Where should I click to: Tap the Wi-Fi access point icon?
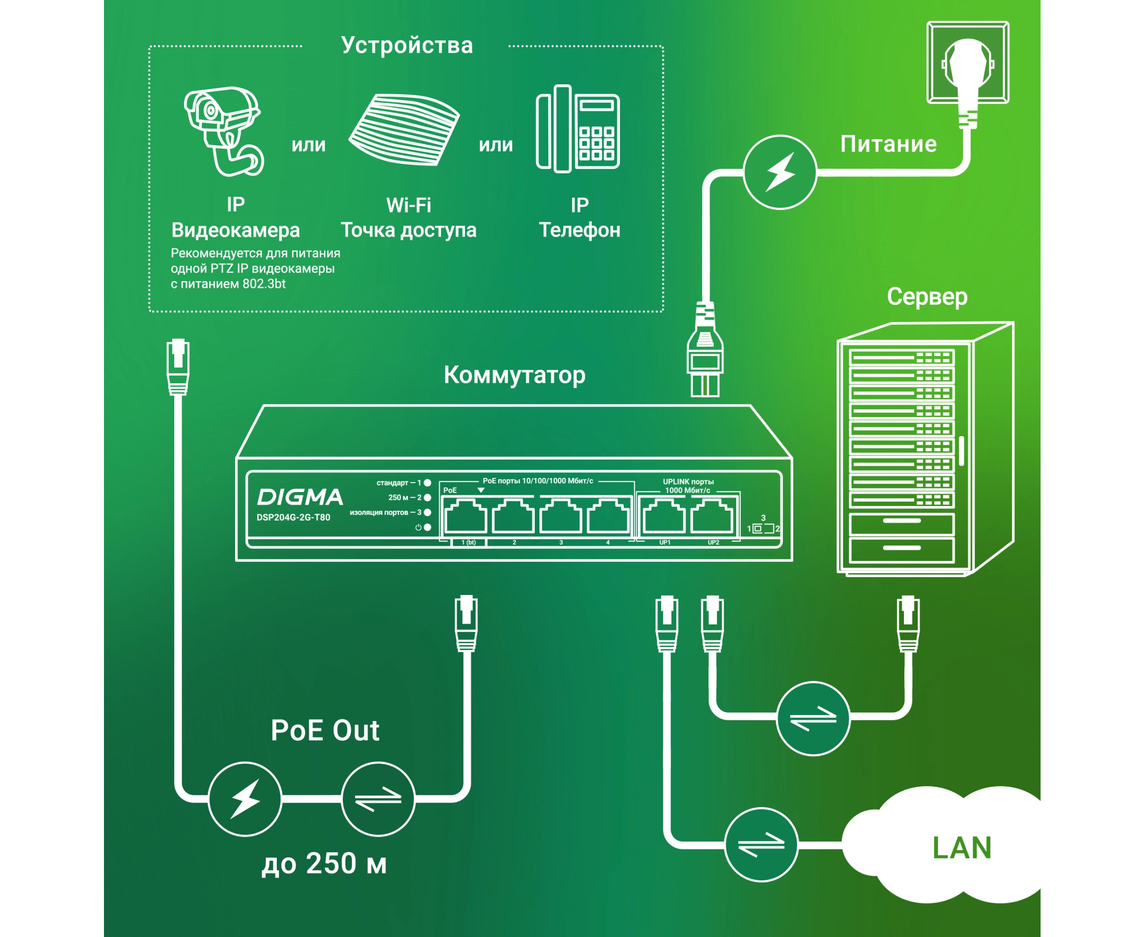tap(404, 129)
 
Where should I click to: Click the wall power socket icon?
tap(968, 63)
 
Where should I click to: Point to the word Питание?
tap(888, 144)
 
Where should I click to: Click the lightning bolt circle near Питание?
tap(780, 172)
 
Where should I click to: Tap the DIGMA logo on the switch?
tap(300, 497)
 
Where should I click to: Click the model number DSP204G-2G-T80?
tap(293, 517)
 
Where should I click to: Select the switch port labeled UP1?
tap(664, 517)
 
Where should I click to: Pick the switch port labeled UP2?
tap(712, 517)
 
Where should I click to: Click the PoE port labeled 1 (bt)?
tap(465, 517)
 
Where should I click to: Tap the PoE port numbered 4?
tap(608, 517)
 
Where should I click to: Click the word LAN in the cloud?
tap(961, 848)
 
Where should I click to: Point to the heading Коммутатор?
tap(514, 375)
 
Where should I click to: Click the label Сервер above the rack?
tap(927, 296)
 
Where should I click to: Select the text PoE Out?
tap(325, 730)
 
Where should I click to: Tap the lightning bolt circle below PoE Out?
tap(245, 799)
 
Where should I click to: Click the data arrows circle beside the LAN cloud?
tap(761, 845)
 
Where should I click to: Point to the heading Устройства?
tap(407, 45)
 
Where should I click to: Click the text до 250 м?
tap(324, 863)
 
